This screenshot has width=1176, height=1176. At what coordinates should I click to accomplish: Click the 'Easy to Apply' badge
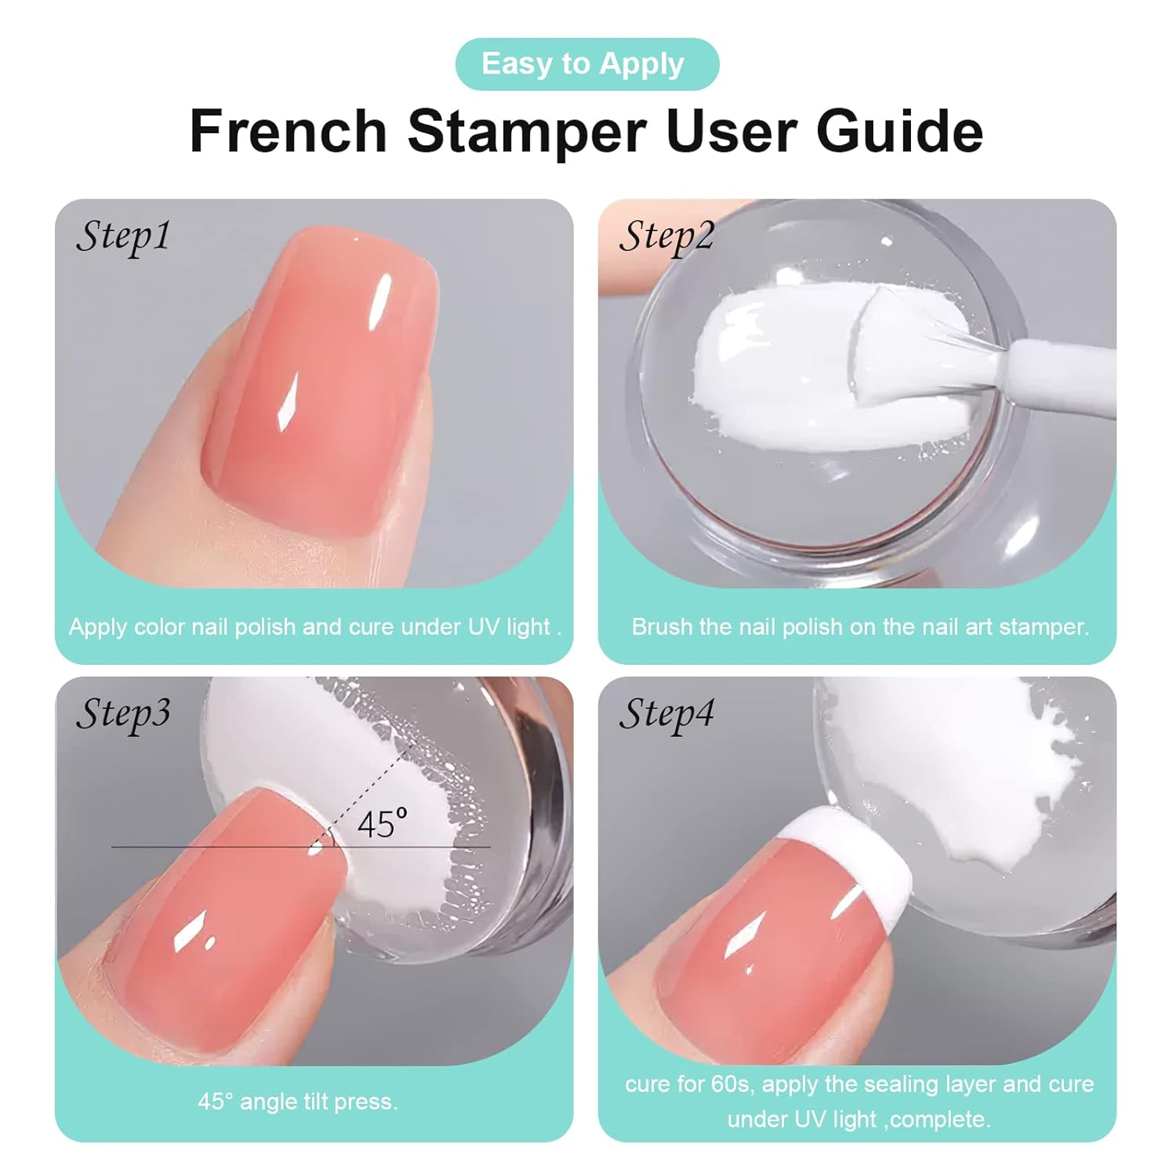[x=586, y=64]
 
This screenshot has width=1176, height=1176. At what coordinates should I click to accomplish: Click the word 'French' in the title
[x=289, y=131]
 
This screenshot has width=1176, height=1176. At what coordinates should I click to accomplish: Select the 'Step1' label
[x=123, y=236]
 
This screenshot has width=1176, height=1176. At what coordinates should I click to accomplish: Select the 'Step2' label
[x=666, y=236]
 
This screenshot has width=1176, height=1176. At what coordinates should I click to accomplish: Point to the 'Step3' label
[x=123, y=713]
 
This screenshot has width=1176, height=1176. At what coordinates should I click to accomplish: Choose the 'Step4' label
[x=666, y=713]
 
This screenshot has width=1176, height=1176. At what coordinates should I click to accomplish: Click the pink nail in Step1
[x=321, y=384]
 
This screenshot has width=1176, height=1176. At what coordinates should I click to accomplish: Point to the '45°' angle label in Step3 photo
[x=382, y=825]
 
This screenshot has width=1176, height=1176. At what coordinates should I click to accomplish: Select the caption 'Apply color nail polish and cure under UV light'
[x=314, y=627]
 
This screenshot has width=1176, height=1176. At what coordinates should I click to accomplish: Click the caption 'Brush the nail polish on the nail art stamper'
[x=860, y=627]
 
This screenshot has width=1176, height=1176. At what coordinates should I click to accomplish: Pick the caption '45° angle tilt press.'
[x=298, y=1102]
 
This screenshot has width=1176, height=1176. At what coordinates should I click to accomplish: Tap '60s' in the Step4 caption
[x=732, y=1084]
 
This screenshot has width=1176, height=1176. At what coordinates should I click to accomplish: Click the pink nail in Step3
[x=227, y=925]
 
